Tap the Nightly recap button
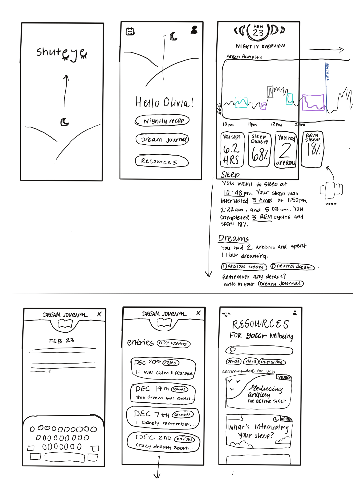point(162,121)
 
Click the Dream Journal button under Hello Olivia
point(162,140)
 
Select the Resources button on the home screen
point(161,161)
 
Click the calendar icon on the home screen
point(130,31)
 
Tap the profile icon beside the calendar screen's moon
point(194,30)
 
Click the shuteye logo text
point(62,53)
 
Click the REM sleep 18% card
point(312,149)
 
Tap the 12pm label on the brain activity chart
point(276,124)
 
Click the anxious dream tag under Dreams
point(244,266)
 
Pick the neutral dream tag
point(292,267)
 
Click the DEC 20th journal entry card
point(163,368)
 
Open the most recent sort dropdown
point(173,343)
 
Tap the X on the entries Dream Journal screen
point(198,313)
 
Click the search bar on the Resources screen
point(259,350)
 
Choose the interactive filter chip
point(272,362)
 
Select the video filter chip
point(250,361)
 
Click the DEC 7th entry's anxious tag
point(183,414)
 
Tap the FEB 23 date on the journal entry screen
point(62,341)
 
